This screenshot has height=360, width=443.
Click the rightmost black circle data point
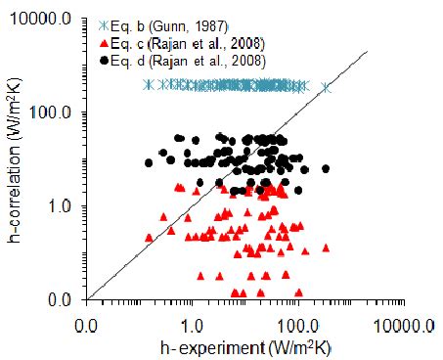[x=326, y=168]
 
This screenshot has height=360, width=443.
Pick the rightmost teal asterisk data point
[x=327, y=87]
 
